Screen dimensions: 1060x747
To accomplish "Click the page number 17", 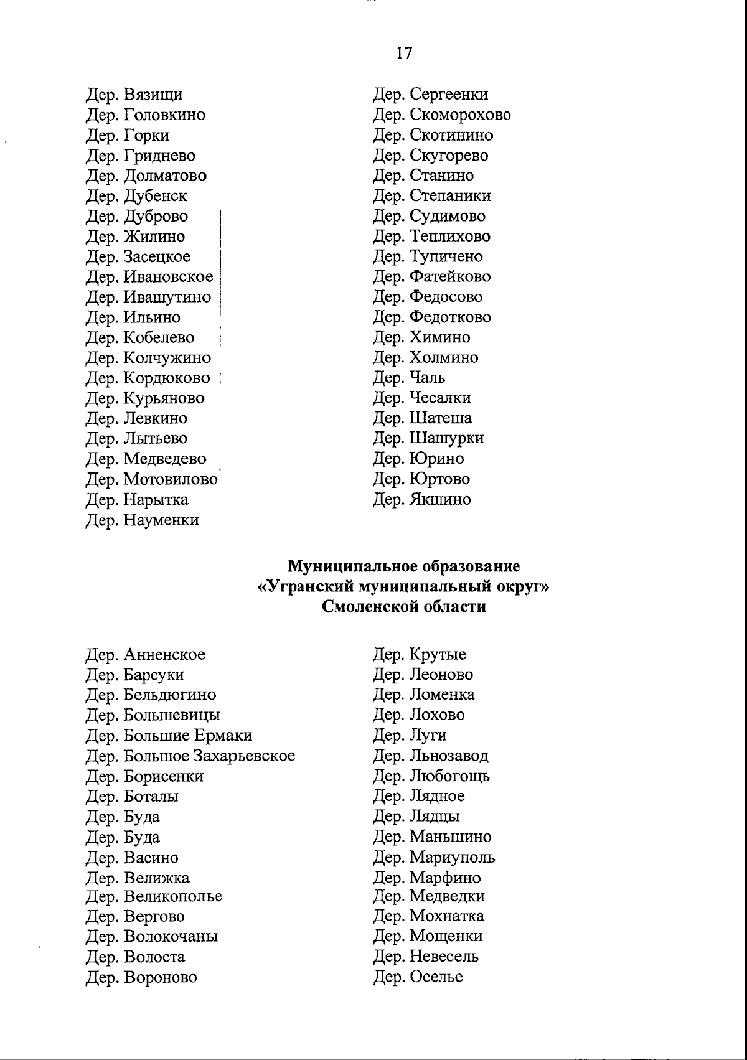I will coord(404,53).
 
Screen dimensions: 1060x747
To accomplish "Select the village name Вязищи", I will coord(153,95).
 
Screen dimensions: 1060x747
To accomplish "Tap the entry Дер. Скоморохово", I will coord(442,115).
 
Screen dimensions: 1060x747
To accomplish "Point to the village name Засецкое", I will coord(157,257).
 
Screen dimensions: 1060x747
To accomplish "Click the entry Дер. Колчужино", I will coord(148,358).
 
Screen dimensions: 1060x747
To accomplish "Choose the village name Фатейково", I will coord(450,276).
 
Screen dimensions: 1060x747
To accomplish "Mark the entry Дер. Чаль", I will coord(409,378).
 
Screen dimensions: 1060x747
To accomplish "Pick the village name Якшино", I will coord(440,499).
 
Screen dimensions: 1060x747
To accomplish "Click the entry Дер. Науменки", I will coord(143,520).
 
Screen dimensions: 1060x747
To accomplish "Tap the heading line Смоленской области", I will coord(404,607).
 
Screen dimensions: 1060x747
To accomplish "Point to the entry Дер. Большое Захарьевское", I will coord(190,756).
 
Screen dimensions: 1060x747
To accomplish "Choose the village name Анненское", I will coord(164,655).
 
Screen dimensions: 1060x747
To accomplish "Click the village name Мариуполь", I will coord(453,857).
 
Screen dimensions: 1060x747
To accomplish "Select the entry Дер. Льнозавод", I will coord(431,756).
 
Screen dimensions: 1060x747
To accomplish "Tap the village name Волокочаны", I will coord(171,936).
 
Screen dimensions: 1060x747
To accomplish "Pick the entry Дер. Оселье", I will coord(418,977).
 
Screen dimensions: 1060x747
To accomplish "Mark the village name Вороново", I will coord(161,977).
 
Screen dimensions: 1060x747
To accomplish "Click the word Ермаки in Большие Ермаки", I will coord(223,736).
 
